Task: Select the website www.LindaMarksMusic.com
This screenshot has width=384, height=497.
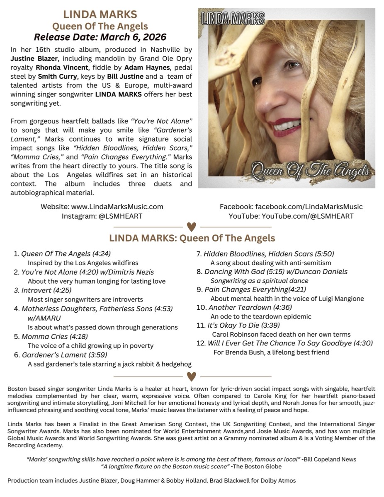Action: click(123, 206)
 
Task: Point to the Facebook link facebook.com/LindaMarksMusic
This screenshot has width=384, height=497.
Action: click(309, 206)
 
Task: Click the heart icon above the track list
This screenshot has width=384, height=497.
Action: click(191, 227)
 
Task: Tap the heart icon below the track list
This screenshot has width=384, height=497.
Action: click(191, 376)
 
